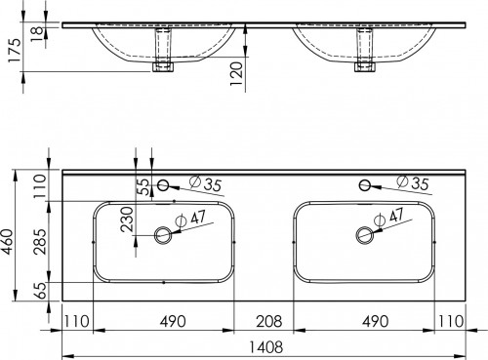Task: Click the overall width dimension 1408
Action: point(265,347)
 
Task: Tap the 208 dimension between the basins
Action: point(269,321)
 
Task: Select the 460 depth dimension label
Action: point(8,241)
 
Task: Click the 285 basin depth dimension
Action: point(40,241)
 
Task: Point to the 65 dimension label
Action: point(40,290)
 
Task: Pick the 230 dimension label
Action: point(127,219)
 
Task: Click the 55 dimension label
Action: point(143,186)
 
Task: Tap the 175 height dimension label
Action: point(15,51)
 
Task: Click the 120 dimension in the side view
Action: point(236,74)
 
